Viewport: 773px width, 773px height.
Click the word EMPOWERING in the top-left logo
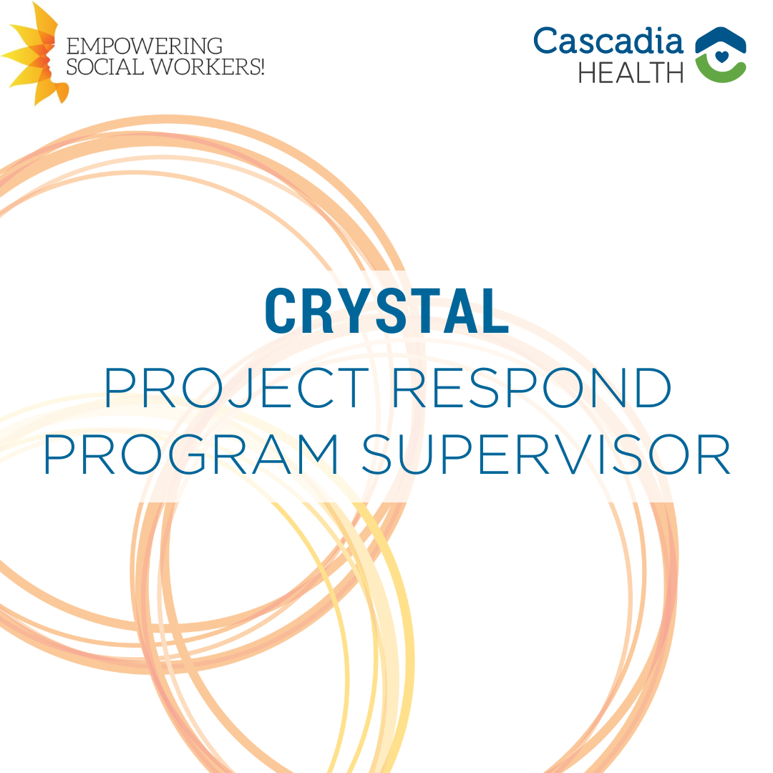pos(145,47)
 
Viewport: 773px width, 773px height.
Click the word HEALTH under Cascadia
pos(631,73)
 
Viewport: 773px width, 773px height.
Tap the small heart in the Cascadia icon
pos(721,57)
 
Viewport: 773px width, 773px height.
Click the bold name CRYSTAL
pos(387,311)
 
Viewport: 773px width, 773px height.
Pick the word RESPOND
pos(532,387)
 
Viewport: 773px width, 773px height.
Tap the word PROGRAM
pos(191,454)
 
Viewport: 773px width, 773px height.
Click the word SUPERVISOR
pos(546,454)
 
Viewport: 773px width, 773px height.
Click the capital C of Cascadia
pos(546,40)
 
